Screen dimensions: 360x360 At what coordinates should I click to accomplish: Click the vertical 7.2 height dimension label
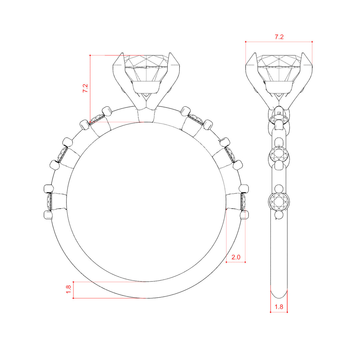[x=85, y=88]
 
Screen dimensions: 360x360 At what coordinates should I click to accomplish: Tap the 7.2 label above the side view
[x=279, y=37]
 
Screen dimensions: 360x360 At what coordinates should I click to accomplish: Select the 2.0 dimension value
[x=236, y=257]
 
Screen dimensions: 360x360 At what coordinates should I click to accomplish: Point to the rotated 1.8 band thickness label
[x=68, y=289]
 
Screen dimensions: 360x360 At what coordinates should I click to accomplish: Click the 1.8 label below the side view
[x=279, y=307]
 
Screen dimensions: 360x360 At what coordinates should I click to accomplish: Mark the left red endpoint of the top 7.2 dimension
[x=246, y=42]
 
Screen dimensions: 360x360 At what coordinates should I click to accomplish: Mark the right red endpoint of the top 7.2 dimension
[x=312, y=42]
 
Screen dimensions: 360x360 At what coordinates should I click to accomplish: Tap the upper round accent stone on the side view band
[x=279, y=155]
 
